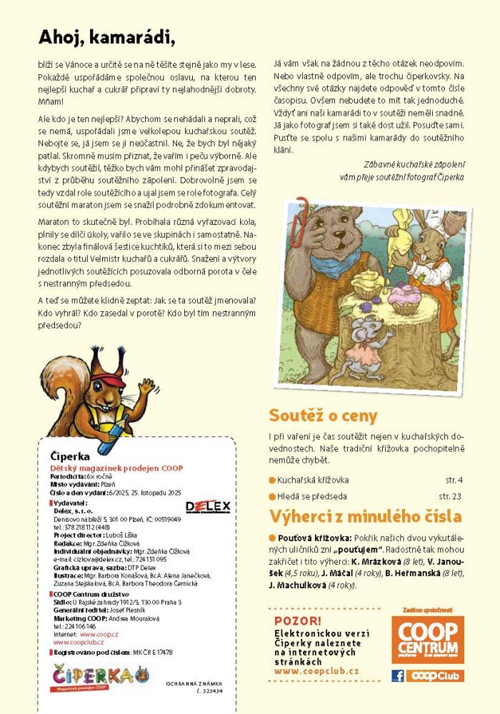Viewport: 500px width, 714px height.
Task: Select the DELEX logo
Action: [x=207, y=506]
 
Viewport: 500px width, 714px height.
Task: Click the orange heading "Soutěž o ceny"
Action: [x=323, y=416]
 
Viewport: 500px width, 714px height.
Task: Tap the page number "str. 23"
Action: [x=451, y=496]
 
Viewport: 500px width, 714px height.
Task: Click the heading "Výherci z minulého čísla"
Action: [x=365, y=516]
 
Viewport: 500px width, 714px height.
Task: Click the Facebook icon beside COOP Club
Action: [x=398, y=675]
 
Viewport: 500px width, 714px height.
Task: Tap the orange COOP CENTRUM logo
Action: [x=427, y=639]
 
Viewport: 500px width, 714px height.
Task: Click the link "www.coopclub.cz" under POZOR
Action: [x=316, y=671]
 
